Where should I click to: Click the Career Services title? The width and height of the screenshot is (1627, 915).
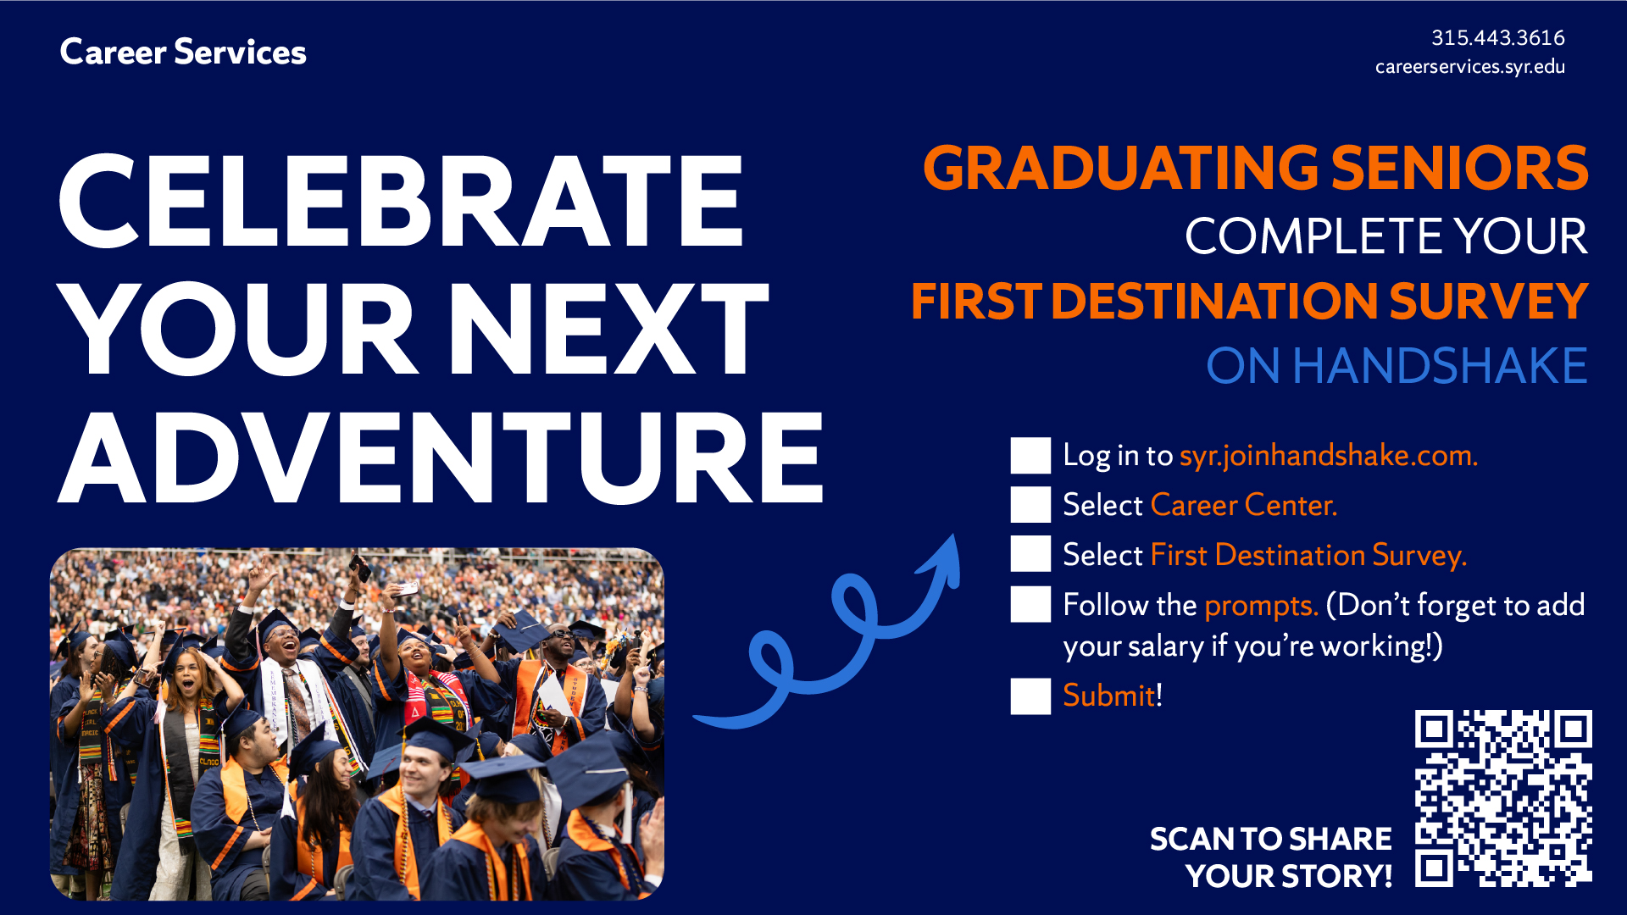click(183, 53)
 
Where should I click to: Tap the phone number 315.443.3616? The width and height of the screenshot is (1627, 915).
click(1498, 38)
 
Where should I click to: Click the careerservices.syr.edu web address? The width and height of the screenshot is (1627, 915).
click(1470, 67)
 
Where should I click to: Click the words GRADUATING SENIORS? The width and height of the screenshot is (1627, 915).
click(1256, 168)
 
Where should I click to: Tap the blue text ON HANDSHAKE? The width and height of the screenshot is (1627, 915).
click(1397, 366)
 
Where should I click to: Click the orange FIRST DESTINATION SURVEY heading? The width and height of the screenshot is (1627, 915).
click(1250, 301)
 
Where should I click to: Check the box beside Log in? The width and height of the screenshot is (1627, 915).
click(1030, 456)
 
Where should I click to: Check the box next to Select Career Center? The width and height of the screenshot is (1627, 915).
click(1030, 505)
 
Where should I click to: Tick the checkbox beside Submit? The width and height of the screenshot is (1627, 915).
click(1030, 696)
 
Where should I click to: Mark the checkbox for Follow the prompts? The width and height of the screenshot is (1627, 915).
click(1030, 605)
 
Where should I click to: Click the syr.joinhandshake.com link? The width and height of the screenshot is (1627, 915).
click(1329, 456)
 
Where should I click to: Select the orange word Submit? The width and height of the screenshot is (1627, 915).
click(1109, 696)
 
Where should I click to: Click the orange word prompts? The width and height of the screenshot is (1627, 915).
click(1261, 607)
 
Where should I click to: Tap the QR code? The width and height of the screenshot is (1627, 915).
click(1503, 798)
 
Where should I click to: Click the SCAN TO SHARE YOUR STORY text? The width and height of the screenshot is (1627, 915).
click(1271, 857)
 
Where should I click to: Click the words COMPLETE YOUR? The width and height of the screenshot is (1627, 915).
click(1386, 236)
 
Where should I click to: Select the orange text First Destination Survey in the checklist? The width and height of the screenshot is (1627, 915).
click(1308, 556)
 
